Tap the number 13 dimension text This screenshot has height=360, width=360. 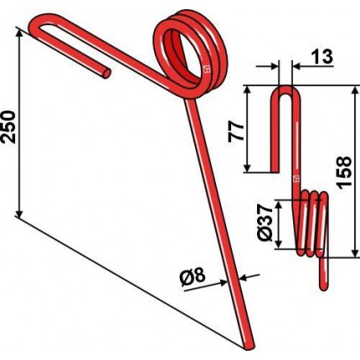pyautogui.click(x=321, y=56)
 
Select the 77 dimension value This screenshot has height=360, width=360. pyautogui.click(x=236, y=131)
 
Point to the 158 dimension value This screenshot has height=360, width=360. pyautogui.click(x=344, y=172)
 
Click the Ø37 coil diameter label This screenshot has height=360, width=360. pyautogui.click(x=264, y=223)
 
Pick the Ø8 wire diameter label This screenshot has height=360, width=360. pyautogui.click(x=193, y=277)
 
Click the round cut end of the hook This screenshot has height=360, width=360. pyautogui.click(x=107, y=73)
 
